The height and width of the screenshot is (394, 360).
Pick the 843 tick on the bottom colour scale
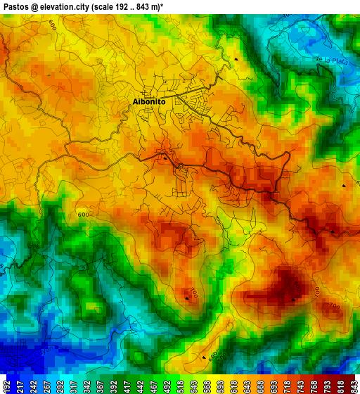point(353,386)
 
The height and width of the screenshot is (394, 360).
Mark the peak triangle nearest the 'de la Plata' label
point(236,59)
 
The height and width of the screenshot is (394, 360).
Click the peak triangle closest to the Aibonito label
point(165,158)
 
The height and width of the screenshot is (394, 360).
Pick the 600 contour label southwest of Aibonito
point(83,215)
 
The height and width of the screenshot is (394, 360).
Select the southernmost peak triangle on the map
point(205,357)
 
